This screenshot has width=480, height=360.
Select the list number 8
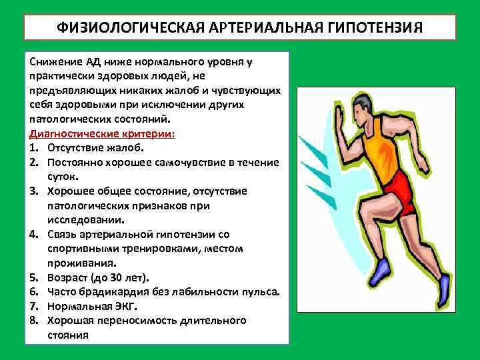(32, 321)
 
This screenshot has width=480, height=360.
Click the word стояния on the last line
(67, 335)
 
